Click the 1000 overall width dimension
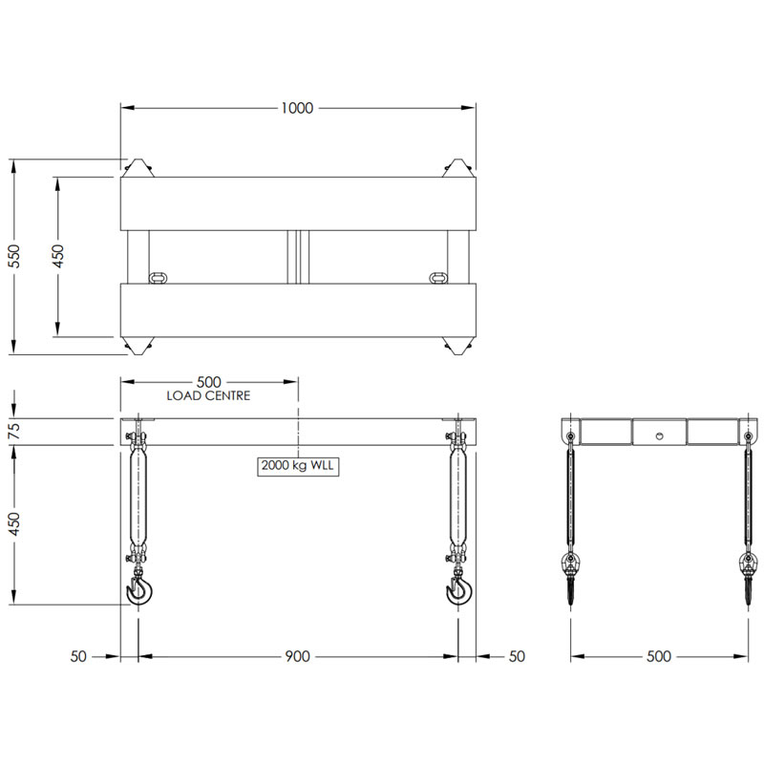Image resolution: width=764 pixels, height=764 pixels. click(x=297, y=108)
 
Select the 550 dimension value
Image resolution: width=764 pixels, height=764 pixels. click(x=13, y=256)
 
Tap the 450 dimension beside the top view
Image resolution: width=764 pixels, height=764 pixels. click(x=57, y=256)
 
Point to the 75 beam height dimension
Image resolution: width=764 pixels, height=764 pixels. click(x=13, y=432)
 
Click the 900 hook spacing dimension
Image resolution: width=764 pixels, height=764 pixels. click(x=297, y=656)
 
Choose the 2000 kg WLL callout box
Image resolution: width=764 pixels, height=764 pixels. click(x=299, y=466)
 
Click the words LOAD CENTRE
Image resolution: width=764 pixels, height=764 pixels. click(x=208, y=395)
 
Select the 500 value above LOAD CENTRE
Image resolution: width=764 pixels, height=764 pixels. click(x=209, y=380)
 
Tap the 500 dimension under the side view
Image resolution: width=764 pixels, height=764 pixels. click(x=659, y=656)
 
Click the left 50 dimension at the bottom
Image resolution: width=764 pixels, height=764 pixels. click(x=81, y=656)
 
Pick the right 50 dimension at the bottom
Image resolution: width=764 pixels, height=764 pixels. click(x=517, y=656)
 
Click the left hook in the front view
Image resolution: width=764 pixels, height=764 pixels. click(x=141, y=592)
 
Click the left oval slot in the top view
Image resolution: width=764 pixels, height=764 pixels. click(x=159, y=278)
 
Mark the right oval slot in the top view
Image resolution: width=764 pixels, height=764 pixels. click(x=438, y=278)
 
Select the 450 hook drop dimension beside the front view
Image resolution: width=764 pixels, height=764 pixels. click(x=13, y=524)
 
